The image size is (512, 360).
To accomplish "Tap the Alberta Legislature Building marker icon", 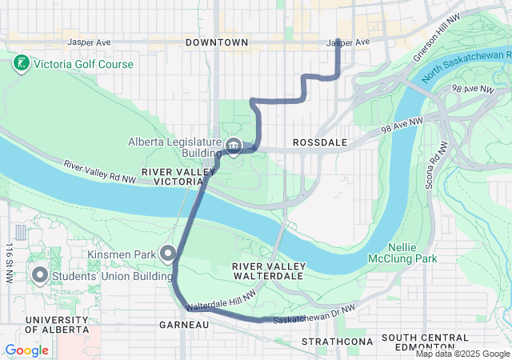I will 233,146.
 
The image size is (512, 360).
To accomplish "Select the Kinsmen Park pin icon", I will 169,254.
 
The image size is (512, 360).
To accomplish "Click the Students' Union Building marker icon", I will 40,276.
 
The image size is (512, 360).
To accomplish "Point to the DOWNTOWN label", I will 216,42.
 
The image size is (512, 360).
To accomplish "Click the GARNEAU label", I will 184,325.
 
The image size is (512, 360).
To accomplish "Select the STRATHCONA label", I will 331,342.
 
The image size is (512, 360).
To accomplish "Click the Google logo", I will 27,350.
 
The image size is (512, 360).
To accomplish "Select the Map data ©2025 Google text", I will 462,354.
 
